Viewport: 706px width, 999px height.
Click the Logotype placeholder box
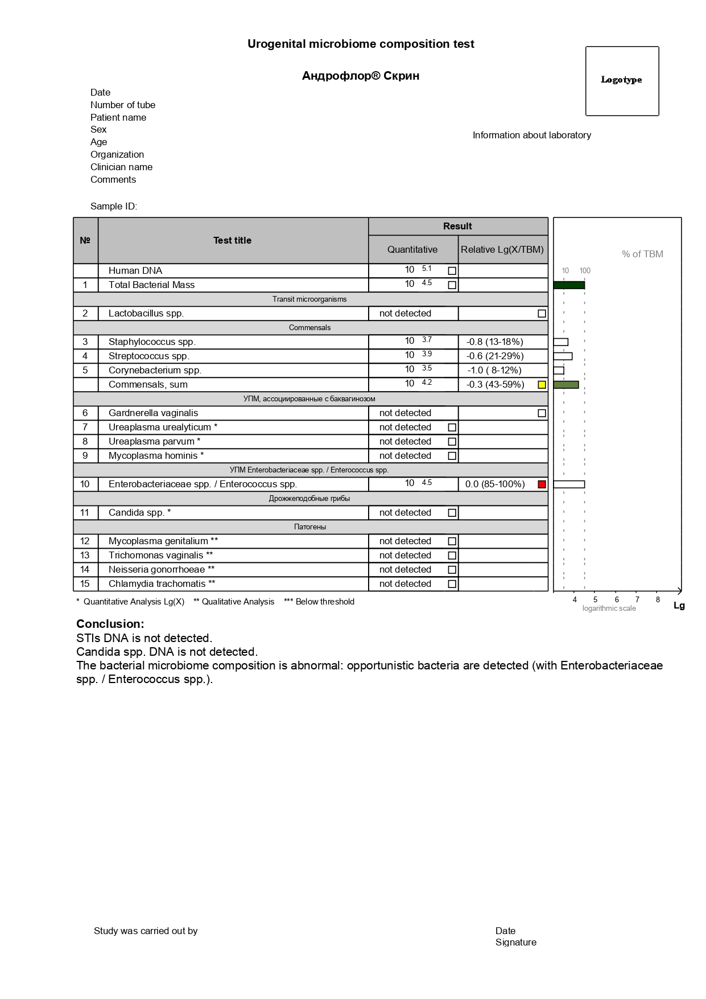(622, 81)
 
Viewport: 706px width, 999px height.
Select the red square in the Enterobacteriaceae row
(542, 484)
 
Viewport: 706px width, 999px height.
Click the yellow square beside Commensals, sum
(542, 385)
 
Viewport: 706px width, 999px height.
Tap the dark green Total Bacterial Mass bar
(569, 285)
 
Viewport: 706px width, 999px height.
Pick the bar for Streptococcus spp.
(563, 356)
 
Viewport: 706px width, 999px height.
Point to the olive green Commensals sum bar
(566, 385)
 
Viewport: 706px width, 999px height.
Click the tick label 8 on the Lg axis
(658, 599)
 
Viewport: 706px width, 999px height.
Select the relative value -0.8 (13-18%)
(494, 342)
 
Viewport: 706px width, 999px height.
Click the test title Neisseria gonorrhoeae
(161, 570)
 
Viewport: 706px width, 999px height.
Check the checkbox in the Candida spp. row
(452, 513)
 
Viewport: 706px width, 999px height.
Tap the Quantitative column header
(412, 249)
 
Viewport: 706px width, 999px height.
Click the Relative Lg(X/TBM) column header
(502, 249)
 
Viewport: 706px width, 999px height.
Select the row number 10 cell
(85, 484)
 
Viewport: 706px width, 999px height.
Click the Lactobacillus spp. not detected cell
(405, 314)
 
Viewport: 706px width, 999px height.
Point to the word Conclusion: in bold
(110, 624)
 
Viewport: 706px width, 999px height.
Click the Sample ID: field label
(114, 207)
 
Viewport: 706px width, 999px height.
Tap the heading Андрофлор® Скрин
(361, 76)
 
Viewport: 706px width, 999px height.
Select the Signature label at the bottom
(515, 943)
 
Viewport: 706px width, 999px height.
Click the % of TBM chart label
(642, 254)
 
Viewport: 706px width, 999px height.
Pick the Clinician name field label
(121, 167)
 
